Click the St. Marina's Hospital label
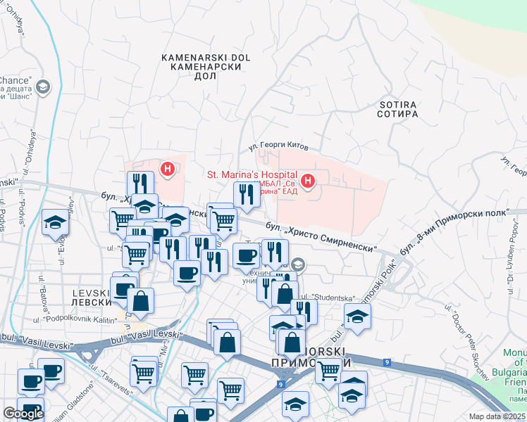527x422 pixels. (251, 174)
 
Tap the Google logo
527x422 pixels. (23, 414)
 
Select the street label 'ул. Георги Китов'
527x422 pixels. (279, 148)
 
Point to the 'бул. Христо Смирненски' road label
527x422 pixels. (321, 237)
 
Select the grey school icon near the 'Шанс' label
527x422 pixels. (42, 87)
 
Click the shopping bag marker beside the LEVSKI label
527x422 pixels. (141, 300)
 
